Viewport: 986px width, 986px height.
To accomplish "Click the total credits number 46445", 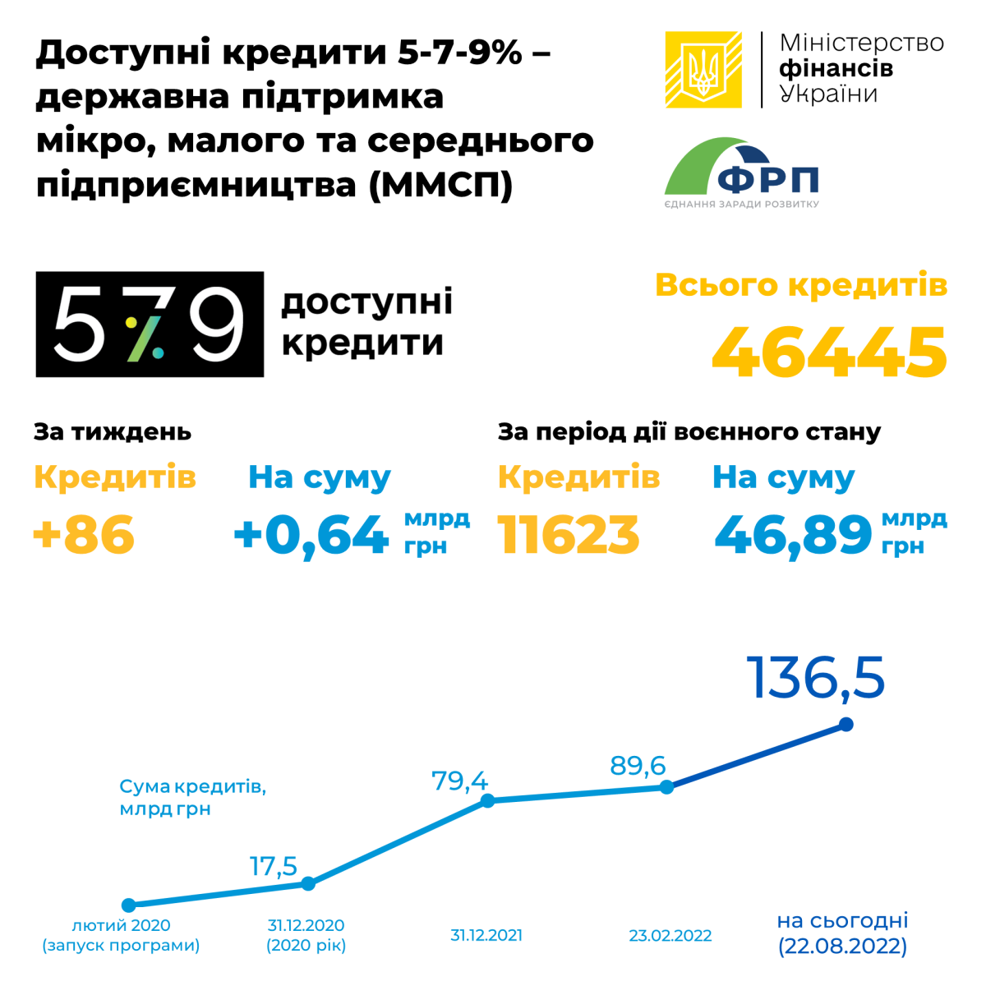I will click(x=830, y=352).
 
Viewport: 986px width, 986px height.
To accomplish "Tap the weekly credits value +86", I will click(x=84, y=535).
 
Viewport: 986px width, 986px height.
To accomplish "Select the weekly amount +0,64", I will click(x=311, y=536).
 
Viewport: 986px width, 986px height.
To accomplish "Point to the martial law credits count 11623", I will click(x=569, y=535).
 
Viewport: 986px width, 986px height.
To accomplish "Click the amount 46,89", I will click(x=793, y=535).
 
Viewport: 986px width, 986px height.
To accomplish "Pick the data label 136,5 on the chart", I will click(x=816, y=678).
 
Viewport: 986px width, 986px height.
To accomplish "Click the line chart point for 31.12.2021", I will click(x=487, y=800).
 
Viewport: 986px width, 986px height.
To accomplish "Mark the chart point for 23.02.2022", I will click(x=667, y=787).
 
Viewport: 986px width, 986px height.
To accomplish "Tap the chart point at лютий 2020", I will click(x=128, y=905).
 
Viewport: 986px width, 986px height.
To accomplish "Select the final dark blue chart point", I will click(x=846, y=725).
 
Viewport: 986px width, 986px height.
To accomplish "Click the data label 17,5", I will click(x=274, y=866).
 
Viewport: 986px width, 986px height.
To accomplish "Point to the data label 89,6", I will click(x=638, y=766).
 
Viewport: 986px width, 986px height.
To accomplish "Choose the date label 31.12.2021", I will click(x=486, y=935).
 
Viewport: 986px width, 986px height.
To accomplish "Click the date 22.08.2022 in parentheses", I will click(x=843, y=947).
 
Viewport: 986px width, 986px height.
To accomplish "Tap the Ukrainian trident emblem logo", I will click(x=703, y=70).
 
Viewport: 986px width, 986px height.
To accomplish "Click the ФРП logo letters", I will click(x=768, y=179).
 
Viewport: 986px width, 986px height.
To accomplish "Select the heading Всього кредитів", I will click(x=801, y=285).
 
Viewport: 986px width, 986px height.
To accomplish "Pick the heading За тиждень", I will click(x=113, y=431).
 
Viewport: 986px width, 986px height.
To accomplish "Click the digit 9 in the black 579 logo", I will click(x=219, y=324).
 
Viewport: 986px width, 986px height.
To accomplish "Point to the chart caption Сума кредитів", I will click(x=193, y=786).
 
